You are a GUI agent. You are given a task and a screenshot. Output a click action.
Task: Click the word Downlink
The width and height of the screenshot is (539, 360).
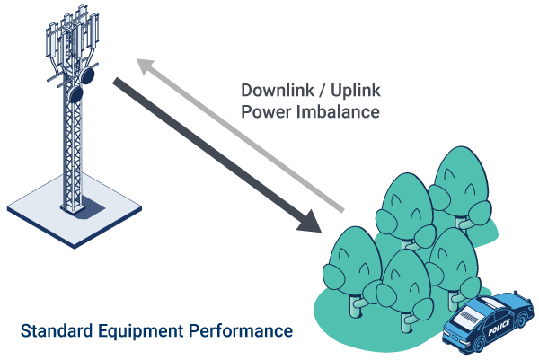277,91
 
